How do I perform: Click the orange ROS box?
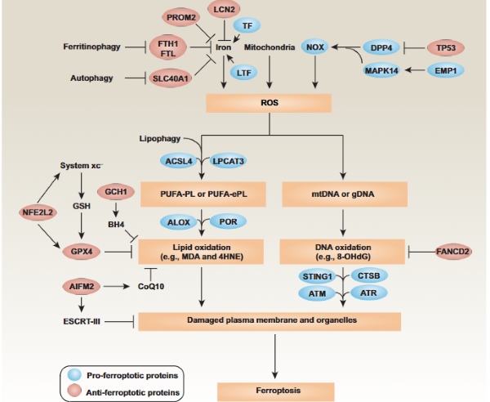pyautogui.click(x=268, y=103)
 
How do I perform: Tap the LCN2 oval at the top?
pyautogui.click(x=223, y=10)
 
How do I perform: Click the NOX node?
pyautogui.click(x=315, y=47)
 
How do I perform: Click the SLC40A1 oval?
pyautogui.click(x=170, y=78)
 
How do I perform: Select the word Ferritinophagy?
pyautogui.click(x=91, y=47)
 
